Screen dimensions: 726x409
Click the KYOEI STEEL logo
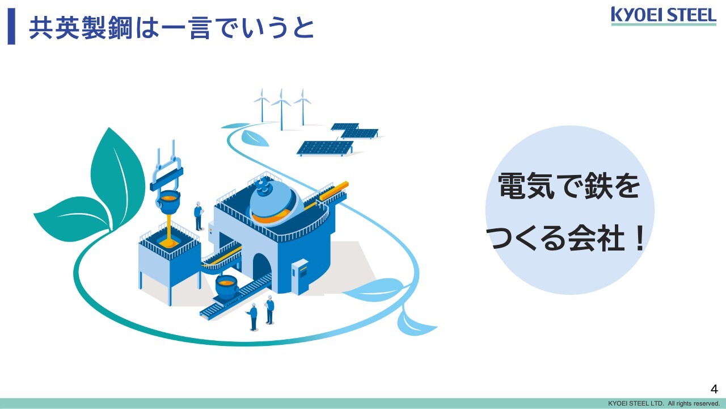click(x=664, y=16)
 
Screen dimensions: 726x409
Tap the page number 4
click(x=714, y=389)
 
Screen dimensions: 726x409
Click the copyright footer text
click(x=664, y=403)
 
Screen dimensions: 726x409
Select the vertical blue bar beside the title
click(x=11, y=26)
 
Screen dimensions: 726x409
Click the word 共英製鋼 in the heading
click(x=81, y=28)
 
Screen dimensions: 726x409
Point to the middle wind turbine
click(x=281, y=108)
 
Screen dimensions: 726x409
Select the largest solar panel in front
click(x=325, y=148)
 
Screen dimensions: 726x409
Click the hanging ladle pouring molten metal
click(x=168, y=202)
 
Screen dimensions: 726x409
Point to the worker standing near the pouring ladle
click(x=199, y=216)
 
